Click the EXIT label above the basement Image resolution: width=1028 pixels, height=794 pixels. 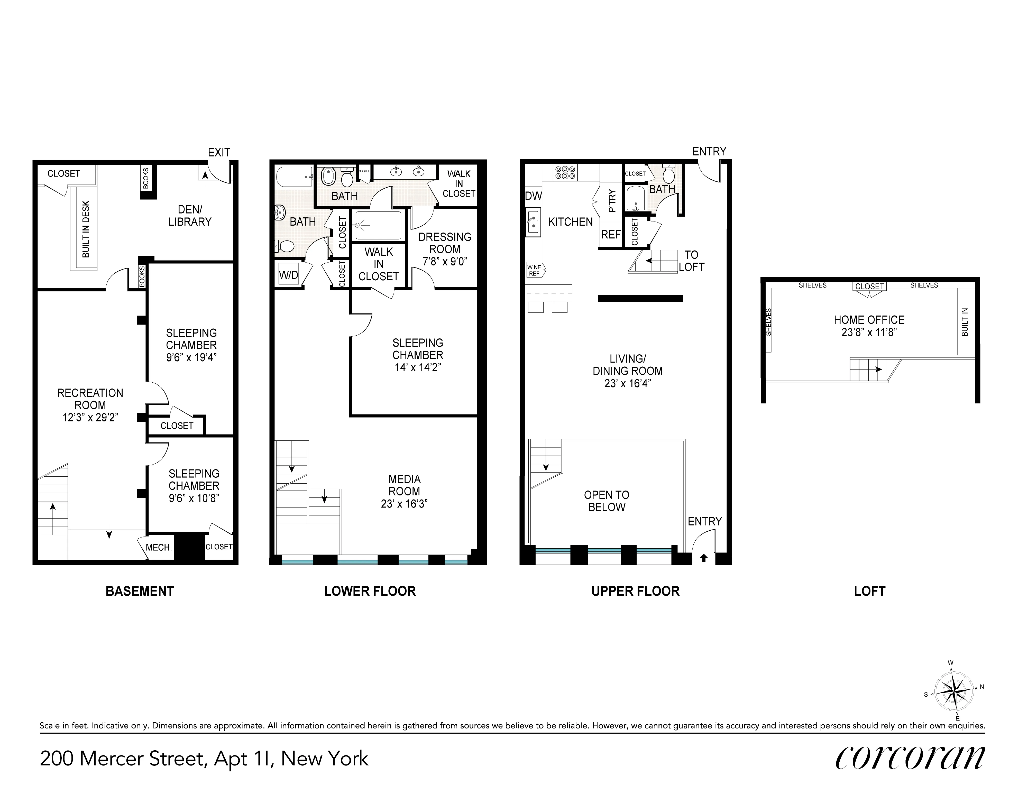coord(219,152)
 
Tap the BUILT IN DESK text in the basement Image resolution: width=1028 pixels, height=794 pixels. coord(86,229)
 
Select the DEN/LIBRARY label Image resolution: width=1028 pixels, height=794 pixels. coord(190,216)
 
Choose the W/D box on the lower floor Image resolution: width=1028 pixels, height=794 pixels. coord(289,275)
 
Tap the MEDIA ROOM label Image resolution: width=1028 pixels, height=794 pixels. coord(404,485)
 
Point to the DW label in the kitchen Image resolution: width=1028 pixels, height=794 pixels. coord(533,196)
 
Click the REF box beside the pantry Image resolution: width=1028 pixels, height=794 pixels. coord(611,234)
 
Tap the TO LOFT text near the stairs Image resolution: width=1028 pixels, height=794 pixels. coord(691,261)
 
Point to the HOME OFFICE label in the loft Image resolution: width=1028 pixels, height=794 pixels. coord(869,320)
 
